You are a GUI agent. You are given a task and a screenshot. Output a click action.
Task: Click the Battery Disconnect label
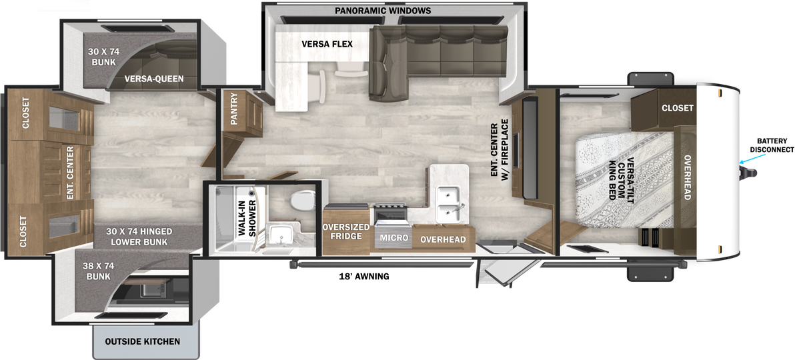pyautogui.click(x=772, y=145)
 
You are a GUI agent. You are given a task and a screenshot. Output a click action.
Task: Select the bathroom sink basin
pyautogui.click(x=279, y=235)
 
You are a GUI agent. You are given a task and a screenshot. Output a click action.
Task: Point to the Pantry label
pyautogui.click(x=233, y=108)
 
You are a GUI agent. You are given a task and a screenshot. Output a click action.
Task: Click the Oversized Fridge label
pyautogui.click(x=345, y=231)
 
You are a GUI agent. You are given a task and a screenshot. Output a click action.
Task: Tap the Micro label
pyautogui.click(x=394, y=237)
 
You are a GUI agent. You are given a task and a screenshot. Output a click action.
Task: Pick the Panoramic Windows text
pyautogui.click(x=383, y=10)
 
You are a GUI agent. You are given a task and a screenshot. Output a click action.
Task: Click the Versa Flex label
pyautogui.click(x=327, y=44)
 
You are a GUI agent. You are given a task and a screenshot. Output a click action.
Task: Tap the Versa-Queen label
pyautogui.click(x=154, y=79)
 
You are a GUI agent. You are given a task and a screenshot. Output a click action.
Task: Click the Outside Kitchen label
pyautogui.click(x=143, y=341)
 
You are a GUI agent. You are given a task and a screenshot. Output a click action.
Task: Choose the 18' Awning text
pyautogui.click(x=363, y=277)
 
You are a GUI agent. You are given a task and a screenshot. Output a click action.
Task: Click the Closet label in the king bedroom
pyautogui.click(x=678, y=108)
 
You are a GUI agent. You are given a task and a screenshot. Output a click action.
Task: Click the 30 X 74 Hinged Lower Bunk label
pyautogui.click(x=139, y=236)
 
